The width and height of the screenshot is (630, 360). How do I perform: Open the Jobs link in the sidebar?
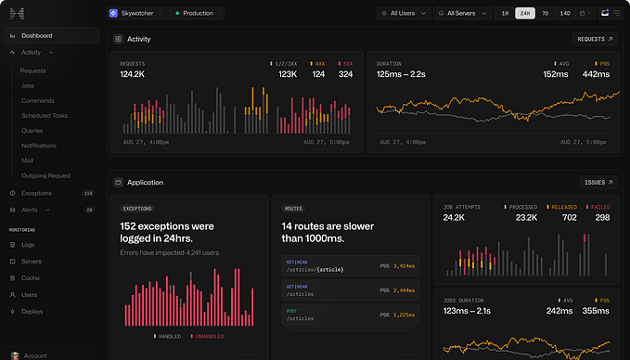[x=27, y=85]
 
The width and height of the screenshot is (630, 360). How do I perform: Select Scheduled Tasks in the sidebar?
[x=45, y=116]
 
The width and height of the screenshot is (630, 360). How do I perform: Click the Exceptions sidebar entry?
[x=36, y=193]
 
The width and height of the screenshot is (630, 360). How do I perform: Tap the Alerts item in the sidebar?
[x=30, y=211]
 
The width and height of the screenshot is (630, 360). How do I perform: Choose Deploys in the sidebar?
[x=32, y=312]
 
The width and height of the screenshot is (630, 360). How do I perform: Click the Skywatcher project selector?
[x=138, y=13]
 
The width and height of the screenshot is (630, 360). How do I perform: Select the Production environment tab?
[x=197, y=13]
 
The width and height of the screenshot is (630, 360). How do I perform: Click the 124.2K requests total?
[x=135, y=74]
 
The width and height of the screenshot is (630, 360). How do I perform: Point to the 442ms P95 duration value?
[x=596, y=74]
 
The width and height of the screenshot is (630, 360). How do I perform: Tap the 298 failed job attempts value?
[x=602, y=217]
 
